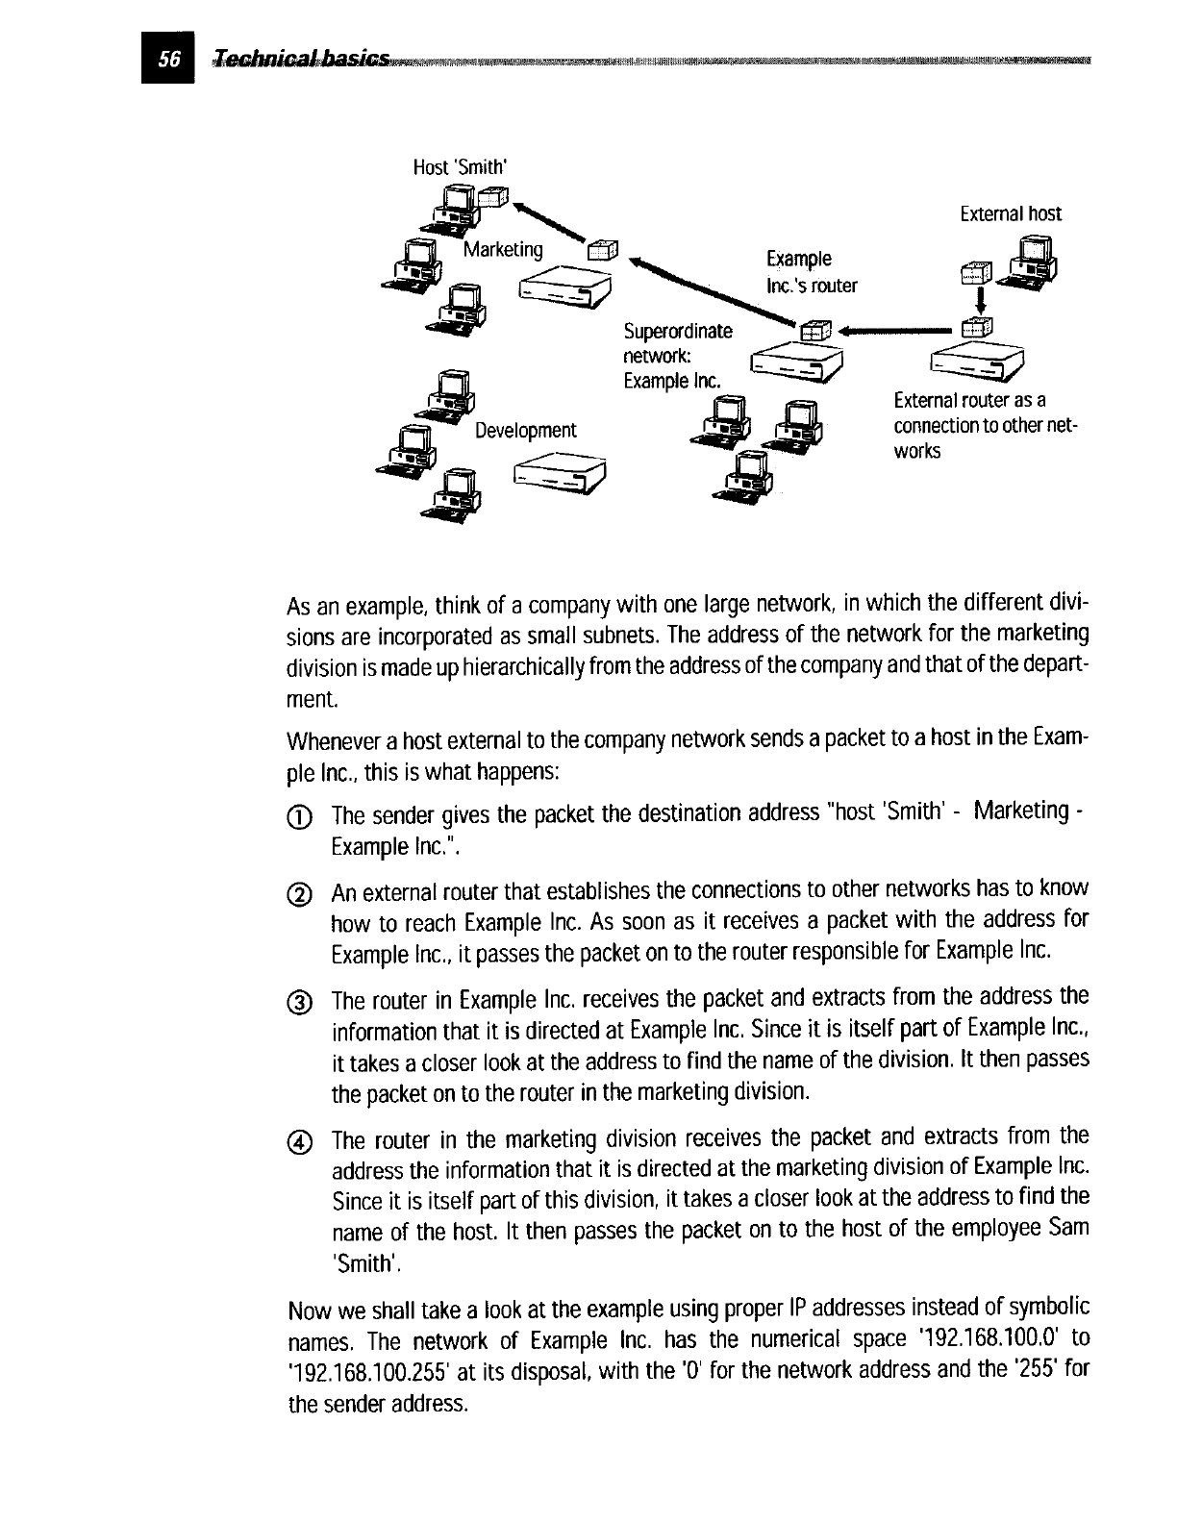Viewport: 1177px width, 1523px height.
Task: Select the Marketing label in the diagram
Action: point(503,250)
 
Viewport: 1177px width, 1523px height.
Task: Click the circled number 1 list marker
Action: point(300,817)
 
